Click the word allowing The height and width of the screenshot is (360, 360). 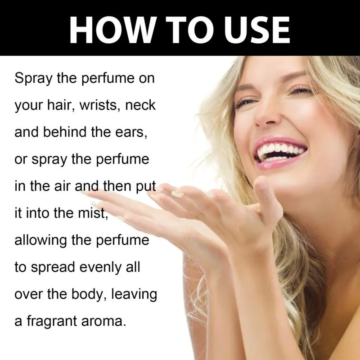pyautogui.click(x=40, y=241)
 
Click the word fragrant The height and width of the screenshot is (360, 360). pyautogui.click(x=52, y=321)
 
